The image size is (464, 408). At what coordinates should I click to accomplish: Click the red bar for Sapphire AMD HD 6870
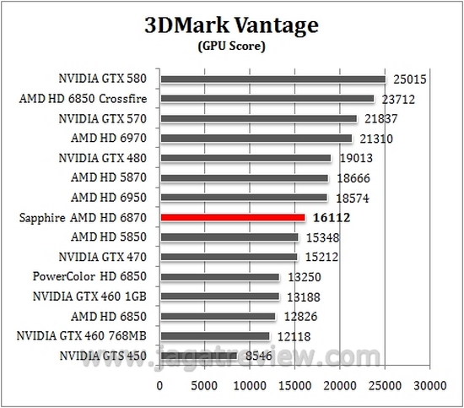tap(232, 217)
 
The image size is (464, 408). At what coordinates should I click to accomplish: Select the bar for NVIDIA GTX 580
tap(272, 79)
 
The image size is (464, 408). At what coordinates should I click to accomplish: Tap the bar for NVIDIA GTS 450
tap(198, 356)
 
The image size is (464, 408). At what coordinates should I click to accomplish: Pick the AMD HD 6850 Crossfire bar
tap(267, 99)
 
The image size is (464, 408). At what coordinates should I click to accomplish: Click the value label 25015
tap(408, 79)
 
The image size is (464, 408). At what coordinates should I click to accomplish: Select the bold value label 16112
tap(332, 217)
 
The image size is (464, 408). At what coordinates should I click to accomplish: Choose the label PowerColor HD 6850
tap(93, 277)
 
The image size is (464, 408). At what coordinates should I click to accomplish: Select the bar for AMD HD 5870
tap(244, 177)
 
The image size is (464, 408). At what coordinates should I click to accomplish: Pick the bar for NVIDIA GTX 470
tap(229, 257)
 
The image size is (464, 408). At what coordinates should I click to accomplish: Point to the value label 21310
tap(375, 139)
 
